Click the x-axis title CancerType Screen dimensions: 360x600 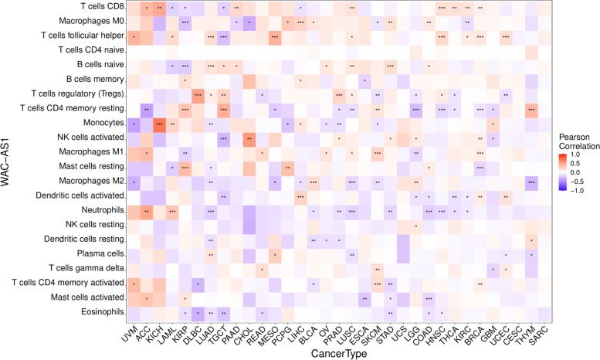click(340, 352)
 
